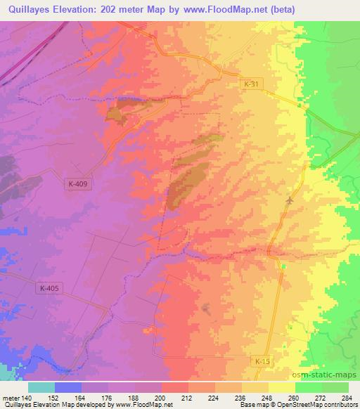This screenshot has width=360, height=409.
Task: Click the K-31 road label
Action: [250, 84]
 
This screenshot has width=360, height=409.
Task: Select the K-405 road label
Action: [50, 287]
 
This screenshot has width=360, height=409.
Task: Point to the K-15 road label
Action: [262, 361]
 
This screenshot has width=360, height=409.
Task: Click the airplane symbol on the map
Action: [289, 201]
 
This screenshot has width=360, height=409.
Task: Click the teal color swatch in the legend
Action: [41, 387]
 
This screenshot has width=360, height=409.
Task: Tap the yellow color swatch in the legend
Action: [281, 387]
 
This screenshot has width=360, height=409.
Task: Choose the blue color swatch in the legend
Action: [68, 387]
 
